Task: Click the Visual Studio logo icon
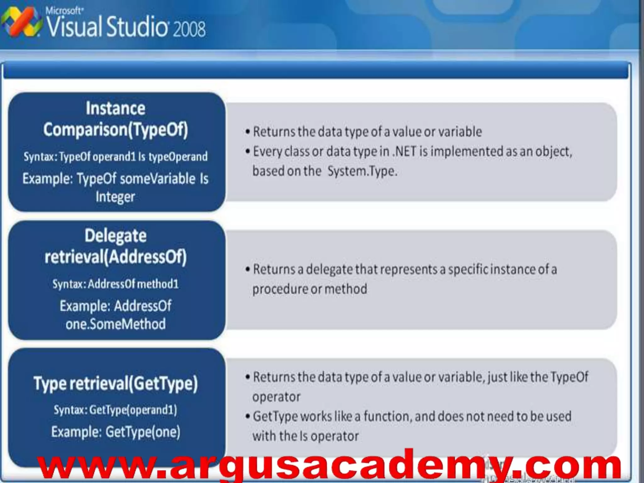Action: click(21, 22)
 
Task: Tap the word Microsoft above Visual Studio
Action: click(64, 11)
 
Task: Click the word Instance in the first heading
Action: click(115, 108)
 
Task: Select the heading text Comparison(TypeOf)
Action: click(116, 130)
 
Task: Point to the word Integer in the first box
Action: click(115, 197)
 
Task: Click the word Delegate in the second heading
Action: click(115, 236)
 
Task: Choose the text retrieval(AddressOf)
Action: click(116, 257)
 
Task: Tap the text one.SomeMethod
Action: click(115, 324)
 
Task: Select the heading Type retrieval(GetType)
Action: click(116, 384)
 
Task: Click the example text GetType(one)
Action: click(143, 432)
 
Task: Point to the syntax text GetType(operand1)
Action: click(133, 410)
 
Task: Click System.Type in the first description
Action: click(362, 171)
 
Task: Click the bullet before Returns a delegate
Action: click(248, 269)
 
